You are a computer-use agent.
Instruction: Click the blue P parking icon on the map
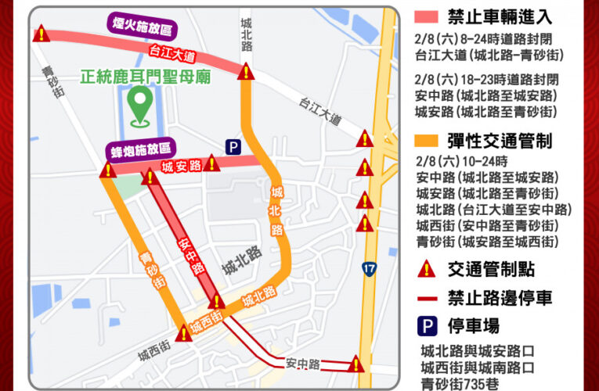pos(233,146)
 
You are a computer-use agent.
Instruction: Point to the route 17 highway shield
pos(369,268)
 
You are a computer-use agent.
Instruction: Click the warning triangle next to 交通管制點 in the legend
pos(427,269)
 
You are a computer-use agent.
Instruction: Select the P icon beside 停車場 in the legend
pos(427,326)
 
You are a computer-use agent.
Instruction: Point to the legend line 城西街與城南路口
pos(478,367)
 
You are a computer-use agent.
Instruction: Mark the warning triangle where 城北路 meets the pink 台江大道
pos(247,73)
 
